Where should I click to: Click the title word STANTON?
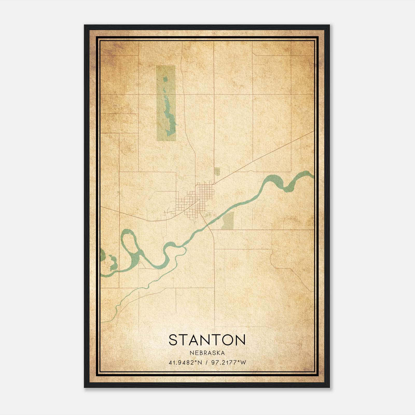207,340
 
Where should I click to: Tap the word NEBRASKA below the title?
207,353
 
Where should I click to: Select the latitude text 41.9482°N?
185,363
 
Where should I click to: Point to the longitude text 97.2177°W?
229,363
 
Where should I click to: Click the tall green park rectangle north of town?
166,78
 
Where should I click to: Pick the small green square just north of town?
217,171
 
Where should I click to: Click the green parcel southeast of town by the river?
228,220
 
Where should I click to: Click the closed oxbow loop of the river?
129,243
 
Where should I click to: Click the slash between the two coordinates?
207,363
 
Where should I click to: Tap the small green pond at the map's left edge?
102,255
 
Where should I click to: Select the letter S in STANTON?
174,340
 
